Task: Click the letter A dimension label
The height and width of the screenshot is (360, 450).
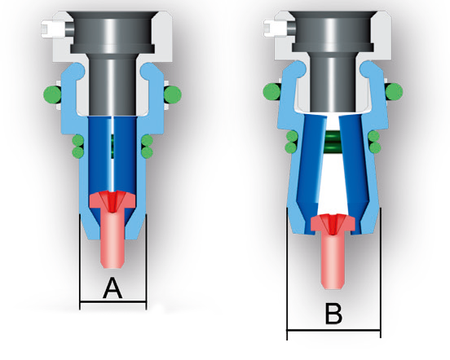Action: tap(112, 288)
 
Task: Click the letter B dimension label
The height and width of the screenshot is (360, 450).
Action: tap(333, 314)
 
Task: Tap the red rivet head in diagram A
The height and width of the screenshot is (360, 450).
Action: tap(112, 200)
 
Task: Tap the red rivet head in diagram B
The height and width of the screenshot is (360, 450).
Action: tap(333, 223)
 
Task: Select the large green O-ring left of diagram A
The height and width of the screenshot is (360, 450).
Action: tap(52, 94)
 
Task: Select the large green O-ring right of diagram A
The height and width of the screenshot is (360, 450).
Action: tap(173, 94)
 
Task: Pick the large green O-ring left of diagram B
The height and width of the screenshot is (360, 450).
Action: tap(271, 91)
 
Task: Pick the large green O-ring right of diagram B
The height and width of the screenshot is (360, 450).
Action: tap(394, 91)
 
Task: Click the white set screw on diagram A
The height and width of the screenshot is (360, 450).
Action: tap(54, 29)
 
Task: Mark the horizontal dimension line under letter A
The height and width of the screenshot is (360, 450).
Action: tap(112, 301)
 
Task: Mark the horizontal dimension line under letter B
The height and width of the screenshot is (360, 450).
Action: tap(333, 330)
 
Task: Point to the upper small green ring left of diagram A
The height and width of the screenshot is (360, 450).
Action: tap(77, 140)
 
